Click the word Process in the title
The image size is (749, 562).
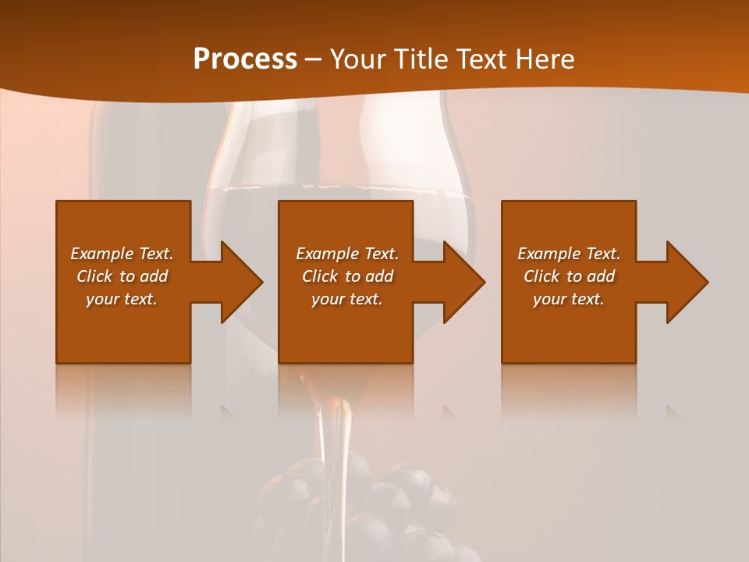(245, 59)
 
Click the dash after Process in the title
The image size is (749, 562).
(313, 60)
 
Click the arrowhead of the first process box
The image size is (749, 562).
(241, 282)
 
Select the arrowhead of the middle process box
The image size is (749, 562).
(464, 282)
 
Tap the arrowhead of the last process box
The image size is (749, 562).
(687, 282)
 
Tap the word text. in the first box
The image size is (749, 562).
(141, 299)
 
